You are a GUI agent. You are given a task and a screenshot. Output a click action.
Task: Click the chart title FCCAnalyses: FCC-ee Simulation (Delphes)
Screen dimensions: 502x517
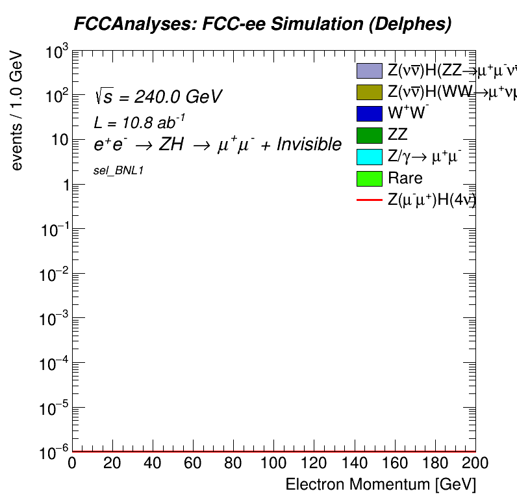[262, 24]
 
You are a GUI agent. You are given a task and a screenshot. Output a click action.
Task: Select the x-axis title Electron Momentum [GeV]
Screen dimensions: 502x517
[381, 484]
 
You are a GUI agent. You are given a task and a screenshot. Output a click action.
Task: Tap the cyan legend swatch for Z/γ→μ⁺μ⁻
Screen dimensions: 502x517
[369, 157]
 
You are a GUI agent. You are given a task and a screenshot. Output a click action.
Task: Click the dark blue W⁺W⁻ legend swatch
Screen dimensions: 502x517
[369, 114]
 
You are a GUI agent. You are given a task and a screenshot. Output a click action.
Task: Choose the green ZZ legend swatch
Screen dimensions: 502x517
[369, 135]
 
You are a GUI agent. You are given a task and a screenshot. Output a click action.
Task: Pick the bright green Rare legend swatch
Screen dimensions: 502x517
[369, 178]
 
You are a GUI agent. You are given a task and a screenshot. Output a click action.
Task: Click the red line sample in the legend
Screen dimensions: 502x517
[369, 200]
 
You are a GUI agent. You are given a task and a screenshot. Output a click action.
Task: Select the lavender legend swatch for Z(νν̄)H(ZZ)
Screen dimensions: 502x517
[369, 70]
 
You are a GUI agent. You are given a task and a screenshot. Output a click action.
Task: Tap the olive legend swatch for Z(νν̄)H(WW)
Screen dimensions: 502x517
[369, 92]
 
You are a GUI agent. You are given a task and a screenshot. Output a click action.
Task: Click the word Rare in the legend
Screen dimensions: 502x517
[405, 178]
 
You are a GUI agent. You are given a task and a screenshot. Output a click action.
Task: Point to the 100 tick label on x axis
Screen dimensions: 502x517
[273, 464]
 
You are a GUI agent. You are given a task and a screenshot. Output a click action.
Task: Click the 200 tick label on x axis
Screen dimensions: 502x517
[475, 464]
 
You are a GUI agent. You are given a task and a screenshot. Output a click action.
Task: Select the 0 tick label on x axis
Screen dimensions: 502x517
[73, 464]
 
